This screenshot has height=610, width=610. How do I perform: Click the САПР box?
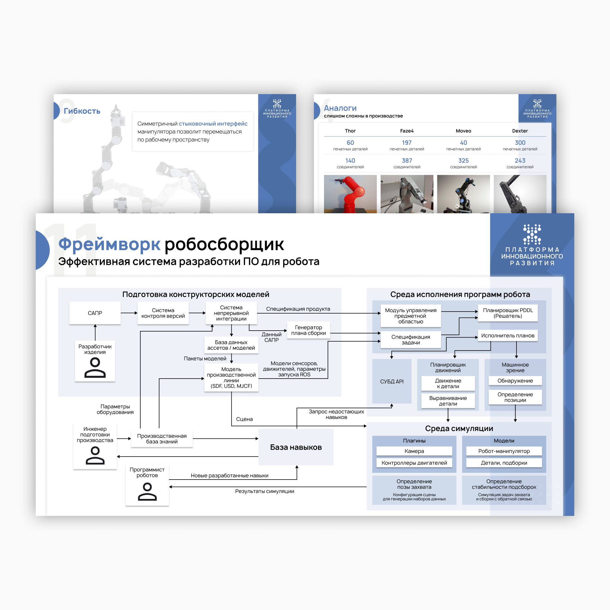(x=95, y=313)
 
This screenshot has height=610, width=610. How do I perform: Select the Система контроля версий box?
(x=163, y=313)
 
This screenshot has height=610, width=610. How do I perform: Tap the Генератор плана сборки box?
(x=308, y=330)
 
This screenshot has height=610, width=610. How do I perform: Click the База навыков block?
(x=296, y=447)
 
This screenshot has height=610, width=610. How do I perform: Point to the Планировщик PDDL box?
(x=508, y=313)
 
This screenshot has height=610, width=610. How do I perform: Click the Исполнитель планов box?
(x=508, y=336)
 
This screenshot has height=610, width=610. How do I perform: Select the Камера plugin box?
(x=414, y=451)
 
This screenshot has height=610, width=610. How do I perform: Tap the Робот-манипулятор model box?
(x=504, y=451)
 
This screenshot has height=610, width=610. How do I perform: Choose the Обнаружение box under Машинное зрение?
(x=515, y=381)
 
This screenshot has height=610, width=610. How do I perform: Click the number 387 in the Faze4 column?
(x=407, y=161)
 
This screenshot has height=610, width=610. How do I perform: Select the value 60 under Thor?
(x=350, y=143)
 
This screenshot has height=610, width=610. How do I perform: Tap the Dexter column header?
(x=520, y=131)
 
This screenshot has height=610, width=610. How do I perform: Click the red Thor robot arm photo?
(x=350, y=194)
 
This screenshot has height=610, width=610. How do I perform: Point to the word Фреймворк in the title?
(x=109, y=244)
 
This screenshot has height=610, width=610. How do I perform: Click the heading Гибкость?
(x=82, y=111)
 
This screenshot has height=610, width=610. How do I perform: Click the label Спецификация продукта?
(x=298, y=309)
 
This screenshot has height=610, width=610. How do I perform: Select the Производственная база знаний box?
(x=162, y=438)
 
